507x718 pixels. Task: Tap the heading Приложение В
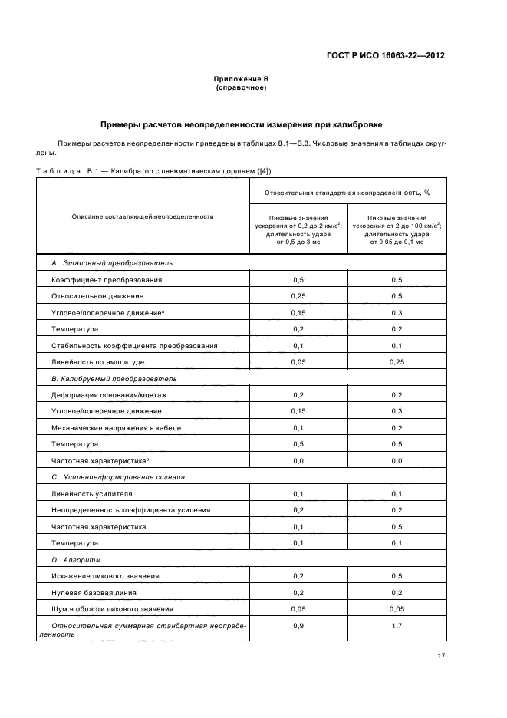tap(241, 80)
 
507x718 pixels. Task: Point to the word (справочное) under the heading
tap(241, 87)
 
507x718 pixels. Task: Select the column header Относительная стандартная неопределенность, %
tap(347, 193)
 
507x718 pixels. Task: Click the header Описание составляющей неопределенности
tap(142, 217)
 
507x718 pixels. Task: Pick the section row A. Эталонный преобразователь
tap(112, 263)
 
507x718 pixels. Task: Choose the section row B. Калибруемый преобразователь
tap(114, 378)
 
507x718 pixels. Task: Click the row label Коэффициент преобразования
tap(107, 280)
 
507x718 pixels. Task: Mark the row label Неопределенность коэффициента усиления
tap(130, 510)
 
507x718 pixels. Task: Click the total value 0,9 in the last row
tap(298, 626)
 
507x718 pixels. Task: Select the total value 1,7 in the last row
tap(397, 626)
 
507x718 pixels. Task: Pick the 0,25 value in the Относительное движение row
tap(298, 296)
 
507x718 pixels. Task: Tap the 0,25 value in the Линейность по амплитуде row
tap(397, 361)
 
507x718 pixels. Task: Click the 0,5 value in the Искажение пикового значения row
tap(397, 576)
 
